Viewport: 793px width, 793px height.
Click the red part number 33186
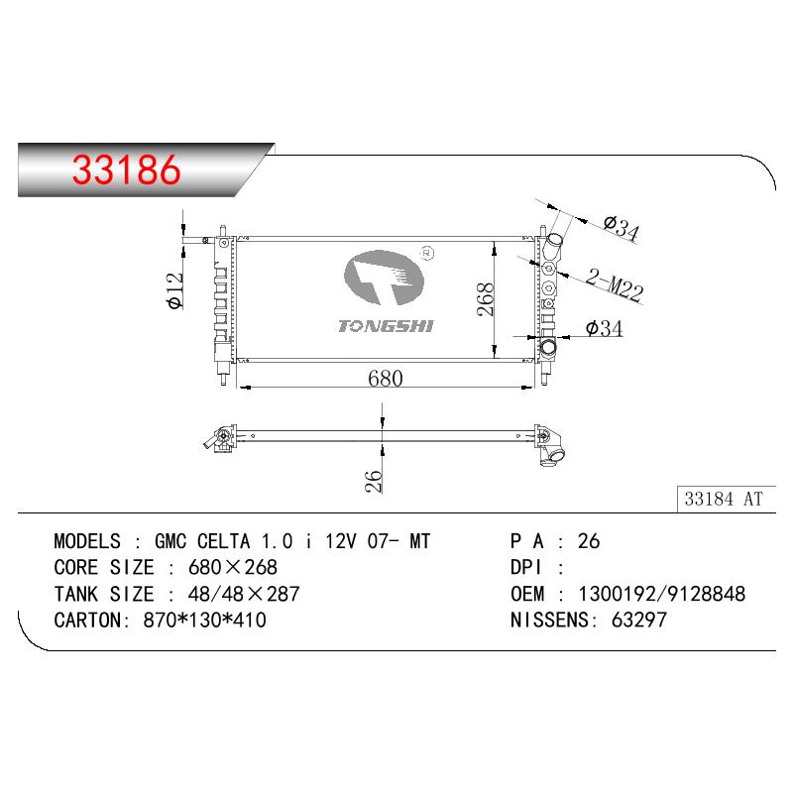click(x=127, y=170)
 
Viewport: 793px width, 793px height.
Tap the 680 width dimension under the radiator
click(x=386, y=379)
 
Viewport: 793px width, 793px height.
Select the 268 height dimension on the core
click(x=486, y=299)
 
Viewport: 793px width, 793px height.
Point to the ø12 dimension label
click(x=175, y=290)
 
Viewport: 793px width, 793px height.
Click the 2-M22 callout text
click(x=615, y=285)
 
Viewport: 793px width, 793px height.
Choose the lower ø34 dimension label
click(x=604, y=329)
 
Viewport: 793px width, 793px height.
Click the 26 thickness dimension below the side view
click(x=373, y=481)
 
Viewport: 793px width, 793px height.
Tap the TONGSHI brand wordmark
click(x=386, y=326)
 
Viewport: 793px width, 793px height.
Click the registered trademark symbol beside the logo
click(x=427, y=253)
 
